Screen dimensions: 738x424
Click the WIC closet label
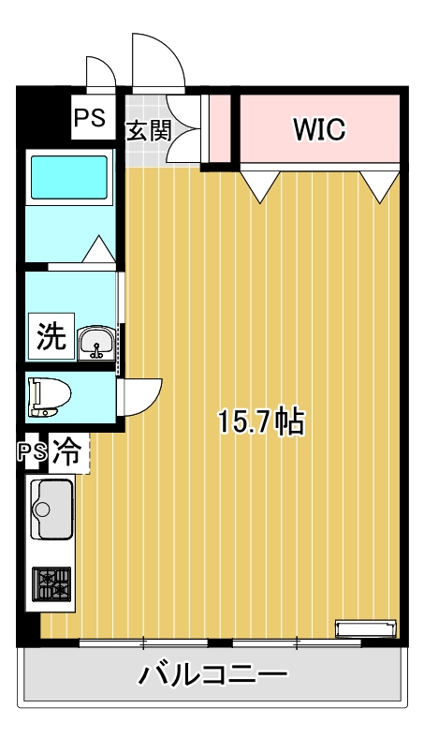(x=320, y=129)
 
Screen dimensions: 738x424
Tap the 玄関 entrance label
(x=148, y=130)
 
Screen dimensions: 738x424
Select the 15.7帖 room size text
(x=259, y=422)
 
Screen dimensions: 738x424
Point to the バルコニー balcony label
(x=213, y=673)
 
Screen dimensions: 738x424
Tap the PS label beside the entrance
(x=90, y=119)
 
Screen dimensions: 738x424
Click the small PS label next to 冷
(x=33, y=451)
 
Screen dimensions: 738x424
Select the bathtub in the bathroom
(x=69, y=177)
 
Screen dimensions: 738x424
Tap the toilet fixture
(x=45, y=396)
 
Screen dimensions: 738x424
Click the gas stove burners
(x=51, y=584)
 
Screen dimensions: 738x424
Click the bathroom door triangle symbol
(x=98, y=251)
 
